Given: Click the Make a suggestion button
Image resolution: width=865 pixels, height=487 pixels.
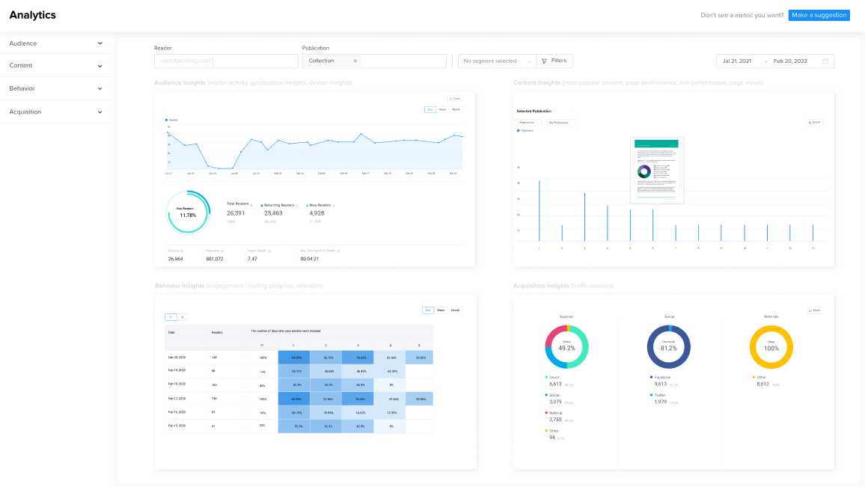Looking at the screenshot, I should [x=819, y=15].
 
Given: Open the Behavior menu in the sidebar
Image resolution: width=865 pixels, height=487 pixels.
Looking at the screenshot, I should [x=57, y=88].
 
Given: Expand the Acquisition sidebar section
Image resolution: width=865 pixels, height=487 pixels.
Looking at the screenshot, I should [x=57, y=111].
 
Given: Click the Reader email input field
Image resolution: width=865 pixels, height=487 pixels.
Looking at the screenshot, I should [x=225, y=61].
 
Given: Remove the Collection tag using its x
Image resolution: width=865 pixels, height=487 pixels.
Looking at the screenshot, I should [x=355, y=61].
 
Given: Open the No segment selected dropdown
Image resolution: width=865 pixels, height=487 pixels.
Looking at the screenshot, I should [x=495, y=61].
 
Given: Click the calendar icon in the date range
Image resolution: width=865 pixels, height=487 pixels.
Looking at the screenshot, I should [x=825, y=61].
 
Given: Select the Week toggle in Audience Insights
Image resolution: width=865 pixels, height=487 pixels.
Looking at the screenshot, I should [x=442, y=110].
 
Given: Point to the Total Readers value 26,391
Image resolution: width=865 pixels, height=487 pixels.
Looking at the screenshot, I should [x=236, y=213].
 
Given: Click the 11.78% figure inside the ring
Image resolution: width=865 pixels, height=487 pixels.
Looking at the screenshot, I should [x=187, y=215].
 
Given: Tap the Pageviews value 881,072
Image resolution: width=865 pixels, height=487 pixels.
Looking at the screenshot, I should [x=215, y=259].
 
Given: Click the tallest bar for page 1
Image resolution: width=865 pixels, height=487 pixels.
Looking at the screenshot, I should [x=539, y=210].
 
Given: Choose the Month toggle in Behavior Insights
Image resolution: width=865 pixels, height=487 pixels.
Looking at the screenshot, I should [x=456, y=310].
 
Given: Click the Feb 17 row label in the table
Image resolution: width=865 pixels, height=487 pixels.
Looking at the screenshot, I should [x=178, y=399].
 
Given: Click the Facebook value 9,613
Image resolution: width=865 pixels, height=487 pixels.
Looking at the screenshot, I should [x=661, y=383].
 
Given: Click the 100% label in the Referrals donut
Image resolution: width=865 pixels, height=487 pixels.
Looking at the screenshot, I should [x=771, y=349].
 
